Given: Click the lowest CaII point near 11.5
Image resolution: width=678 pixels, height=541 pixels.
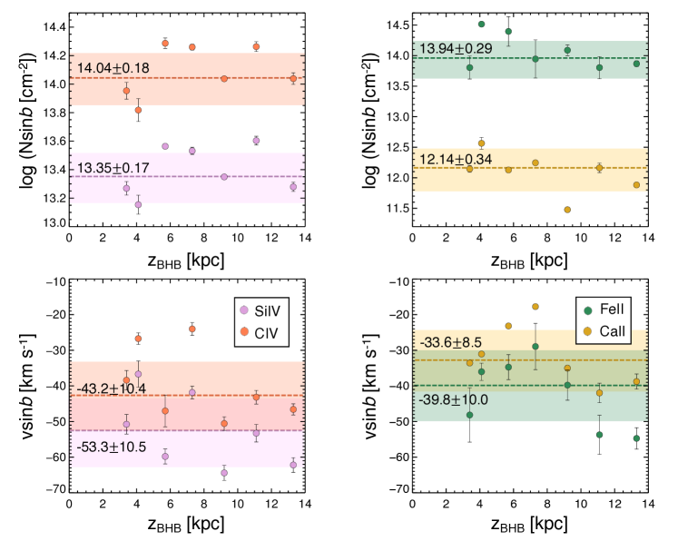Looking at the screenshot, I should point(567,210).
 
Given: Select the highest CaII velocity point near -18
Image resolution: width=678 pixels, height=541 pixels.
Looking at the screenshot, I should point(536,307).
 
